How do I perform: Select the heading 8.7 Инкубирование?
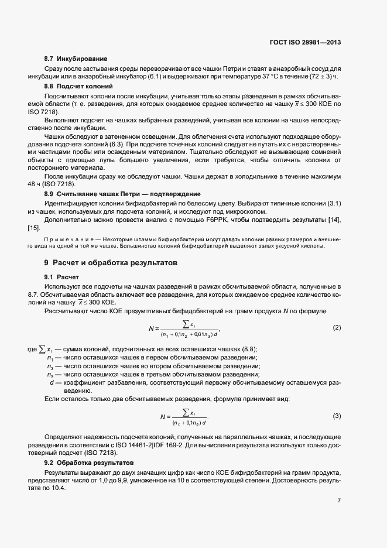pyautogui.click(x=76, y=59)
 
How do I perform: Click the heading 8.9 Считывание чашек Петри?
pyautogui.click(x=122, y=193)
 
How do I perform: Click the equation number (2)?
pyautogui.click(x=337, y=327)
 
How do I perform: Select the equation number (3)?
pyautogui.click(x=337, y=416)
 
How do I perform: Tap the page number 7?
pyautogui.click(x=339, y=501)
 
